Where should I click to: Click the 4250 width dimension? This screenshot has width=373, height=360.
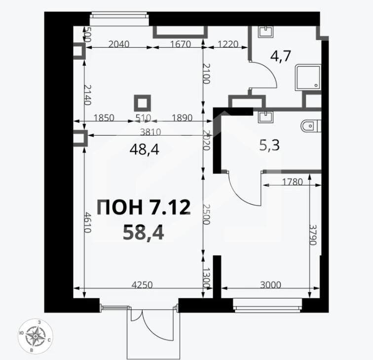(x=142, y=285)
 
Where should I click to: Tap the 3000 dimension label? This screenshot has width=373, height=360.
(x=270, y=285)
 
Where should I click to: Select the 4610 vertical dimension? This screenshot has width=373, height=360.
(x=87, y=222)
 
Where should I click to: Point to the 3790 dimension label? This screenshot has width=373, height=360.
(x=313, y=235)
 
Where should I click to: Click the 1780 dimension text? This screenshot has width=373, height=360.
(x=292, y=182)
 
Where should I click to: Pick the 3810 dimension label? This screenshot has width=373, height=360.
(x=150, y=132)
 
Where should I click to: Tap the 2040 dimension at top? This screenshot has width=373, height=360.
(x=119, y=44)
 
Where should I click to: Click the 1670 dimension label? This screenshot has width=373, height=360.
(x=181, y=44)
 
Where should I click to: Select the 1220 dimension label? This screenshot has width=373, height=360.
(x=228, y=44)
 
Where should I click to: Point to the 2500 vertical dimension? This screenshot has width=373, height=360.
(x=206, y=214)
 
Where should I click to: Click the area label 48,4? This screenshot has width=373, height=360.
(x=144, y=150)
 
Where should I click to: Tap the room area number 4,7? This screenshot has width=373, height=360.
(x=281, y=56)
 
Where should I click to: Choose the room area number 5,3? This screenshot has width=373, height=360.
(x=269, y=145)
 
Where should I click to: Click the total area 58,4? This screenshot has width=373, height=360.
(x=143, y=233)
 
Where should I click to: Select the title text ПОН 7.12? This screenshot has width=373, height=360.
(x=144, y=207)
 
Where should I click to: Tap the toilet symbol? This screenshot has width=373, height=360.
(x=311, y=126)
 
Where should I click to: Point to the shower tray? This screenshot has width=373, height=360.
(x=308, y=77)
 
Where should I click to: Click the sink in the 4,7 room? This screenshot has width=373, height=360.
(x=265, y=32)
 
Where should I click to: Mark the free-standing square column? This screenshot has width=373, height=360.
(x=142, y=103)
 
